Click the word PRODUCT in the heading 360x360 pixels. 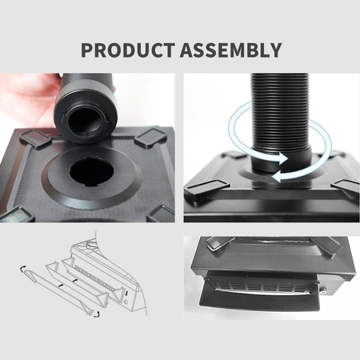tap(128, 50)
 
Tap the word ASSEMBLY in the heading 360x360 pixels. tap(231, 50)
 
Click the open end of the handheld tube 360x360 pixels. tap(86, 122)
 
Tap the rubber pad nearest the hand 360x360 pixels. tap(34, 138)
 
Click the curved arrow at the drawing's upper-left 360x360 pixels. tap(22, 269)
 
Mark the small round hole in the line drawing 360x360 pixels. tap(126, 302)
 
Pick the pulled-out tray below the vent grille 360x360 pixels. tap(259, 300)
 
